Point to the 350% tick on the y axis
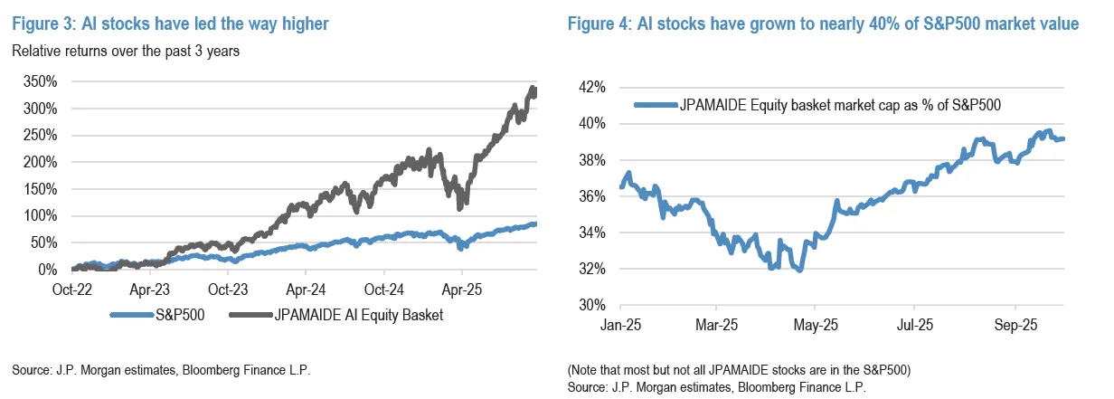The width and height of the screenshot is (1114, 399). point(39,81)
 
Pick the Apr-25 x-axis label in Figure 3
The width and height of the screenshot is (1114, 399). point(461,292)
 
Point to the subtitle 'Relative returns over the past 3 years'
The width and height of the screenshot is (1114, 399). point(126,52)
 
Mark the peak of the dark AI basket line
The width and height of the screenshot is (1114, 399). point(533,87)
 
